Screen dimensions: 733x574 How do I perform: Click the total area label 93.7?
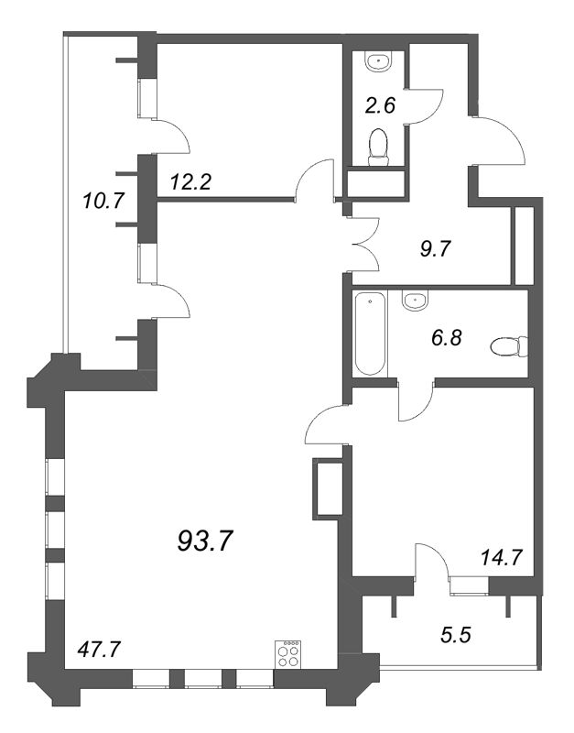[x=205, y=542]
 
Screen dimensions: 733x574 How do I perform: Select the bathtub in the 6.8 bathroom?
[x=369, y=334]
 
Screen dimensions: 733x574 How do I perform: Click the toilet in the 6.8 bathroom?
[x=508, y=347]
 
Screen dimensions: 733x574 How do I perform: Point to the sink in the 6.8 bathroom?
[x=416, y=299]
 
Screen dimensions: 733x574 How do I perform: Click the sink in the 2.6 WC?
[x=377, y=61]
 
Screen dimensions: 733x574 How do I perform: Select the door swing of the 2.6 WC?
[x=424, y=101]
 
